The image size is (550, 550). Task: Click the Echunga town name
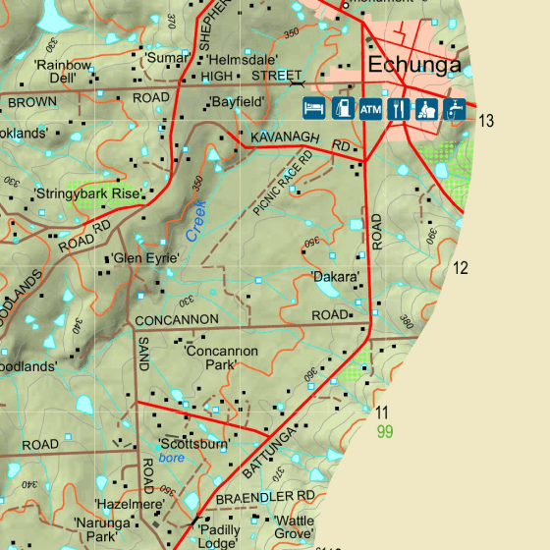(413, 67)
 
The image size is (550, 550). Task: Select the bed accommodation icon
(313, 109)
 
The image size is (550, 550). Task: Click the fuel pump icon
(342, 109)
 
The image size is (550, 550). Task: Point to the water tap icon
(456, 109)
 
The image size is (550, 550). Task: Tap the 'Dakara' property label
(335, 277)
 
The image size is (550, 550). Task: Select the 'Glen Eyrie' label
(144, 258)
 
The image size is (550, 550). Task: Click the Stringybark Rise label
(87, 193)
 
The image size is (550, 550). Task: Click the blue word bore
(172, 458)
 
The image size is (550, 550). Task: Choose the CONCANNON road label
(177, 320)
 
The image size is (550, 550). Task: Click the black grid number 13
(486, 121)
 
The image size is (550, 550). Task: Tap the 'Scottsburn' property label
(193, 444)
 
